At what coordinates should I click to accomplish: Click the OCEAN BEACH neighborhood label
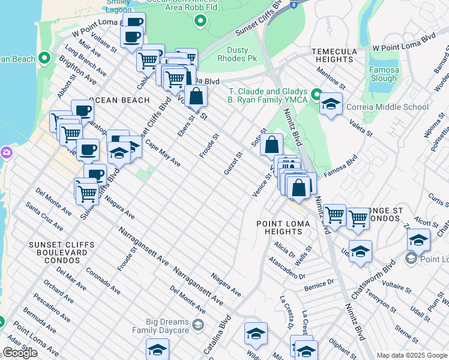click(119, 100)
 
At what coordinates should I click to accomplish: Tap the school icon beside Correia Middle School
click(331, 104)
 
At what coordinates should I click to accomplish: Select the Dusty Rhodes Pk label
click(246, 55)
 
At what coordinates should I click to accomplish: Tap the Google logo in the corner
click(20, 353)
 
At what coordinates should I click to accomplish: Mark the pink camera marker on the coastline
click(6, 152)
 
